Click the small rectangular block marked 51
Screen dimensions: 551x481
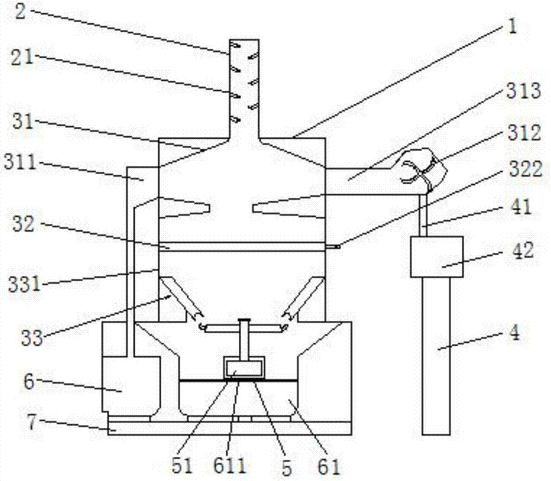pos(243,367)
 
